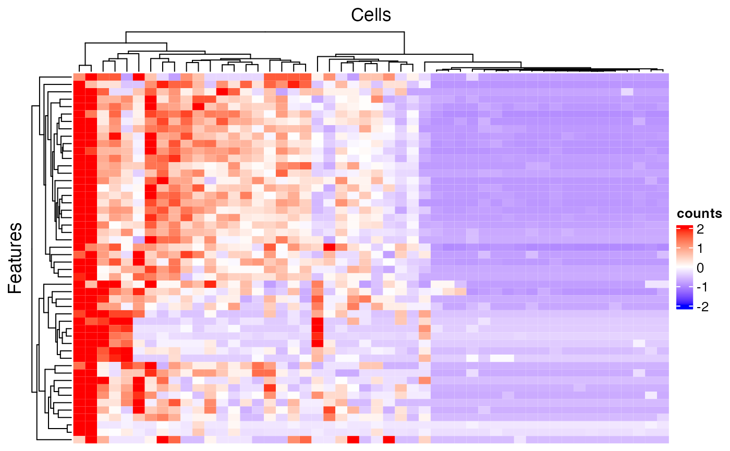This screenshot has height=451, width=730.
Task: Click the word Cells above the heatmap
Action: coord(371,15)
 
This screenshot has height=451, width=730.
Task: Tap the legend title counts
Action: coord(699,213)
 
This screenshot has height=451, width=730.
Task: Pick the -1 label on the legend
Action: coord(699,287)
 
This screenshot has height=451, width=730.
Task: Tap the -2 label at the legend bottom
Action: coord(699,307)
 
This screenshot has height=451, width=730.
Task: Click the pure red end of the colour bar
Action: coord(684,227)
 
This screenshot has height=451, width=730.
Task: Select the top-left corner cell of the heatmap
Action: coord(79,77)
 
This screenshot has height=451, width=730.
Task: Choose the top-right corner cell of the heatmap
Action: coord(663,77)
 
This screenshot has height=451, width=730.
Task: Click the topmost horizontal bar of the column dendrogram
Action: coord(264,32)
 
